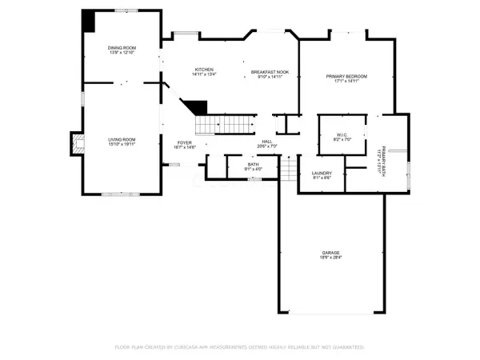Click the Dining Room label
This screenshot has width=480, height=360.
122,48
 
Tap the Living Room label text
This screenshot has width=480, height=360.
122,140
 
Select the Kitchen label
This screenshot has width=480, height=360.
202,70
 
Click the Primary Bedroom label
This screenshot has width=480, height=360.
346,77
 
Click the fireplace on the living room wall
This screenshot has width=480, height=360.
77,142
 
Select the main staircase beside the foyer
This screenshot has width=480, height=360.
224,125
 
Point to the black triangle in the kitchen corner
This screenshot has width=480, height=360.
196,106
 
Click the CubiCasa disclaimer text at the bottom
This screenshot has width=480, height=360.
240,347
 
